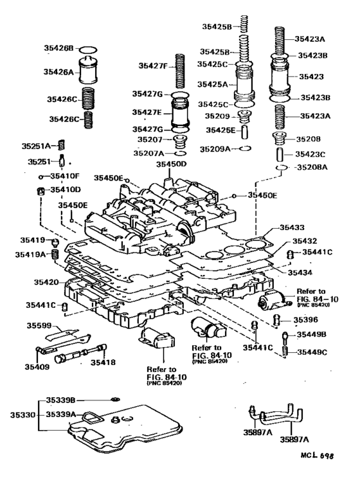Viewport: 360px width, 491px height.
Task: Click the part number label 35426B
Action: [x=62, y=48]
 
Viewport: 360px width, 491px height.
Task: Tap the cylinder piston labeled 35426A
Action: [x=91, y=71]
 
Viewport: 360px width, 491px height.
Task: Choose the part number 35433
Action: [x=293, y=228]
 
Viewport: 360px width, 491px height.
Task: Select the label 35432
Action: [x=293, y=240]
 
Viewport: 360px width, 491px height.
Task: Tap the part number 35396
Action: [x=306, y=319]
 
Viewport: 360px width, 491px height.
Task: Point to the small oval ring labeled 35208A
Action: [x=281, y=168]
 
